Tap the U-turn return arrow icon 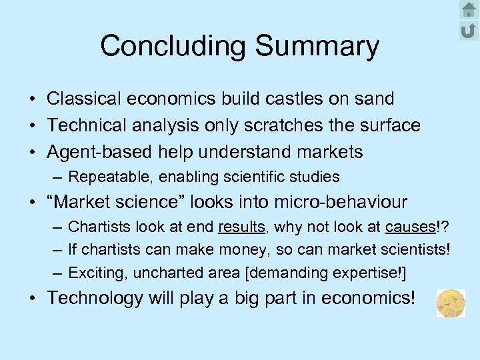pos(468,30)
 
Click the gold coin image pos(451,303)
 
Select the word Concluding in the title pos(174,46)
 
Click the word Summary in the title pos(317,46)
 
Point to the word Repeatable pos(105,177)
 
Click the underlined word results pos(241,227)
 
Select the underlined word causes pos(409,227)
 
